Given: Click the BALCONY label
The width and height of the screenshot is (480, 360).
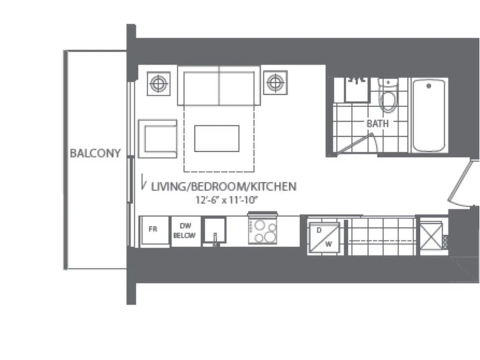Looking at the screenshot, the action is (x=95, y=153).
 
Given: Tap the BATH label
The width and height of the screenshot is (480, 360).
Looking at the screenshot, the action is (x=378, y=124).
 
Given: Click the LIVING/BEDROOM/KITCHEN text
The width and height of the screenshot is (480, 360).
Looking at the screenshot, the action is (x=224, y=187).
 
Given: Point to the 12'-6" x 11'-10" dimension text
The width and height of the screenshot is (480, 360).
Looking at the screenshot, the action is (x=227, y=200).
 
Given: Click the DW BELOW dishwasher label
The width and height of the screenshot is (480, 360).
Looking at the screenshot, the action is (x=184, y=230).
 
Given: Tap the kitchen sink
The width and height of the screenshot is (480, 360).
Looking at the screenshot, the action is (x=215, y=230).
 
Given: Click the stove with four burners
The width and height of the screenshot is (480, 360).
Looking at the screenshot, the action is (x=263, y=228).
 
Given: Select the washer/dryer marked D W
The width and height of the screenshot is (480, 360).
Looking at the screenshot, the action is (x=324, y=237).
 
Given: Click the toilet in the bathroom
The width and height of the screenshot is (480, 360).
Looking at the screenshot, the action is (x=388, y=95).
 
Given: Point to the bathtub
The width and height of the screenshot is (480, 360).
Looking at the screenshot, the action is (x=428, y=115).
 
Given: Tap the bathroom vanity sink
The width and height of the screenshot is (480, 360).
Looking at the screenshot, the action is (x=357, y=89).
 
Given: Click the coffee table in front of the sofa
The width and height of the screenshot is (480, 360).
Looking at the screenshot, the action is (x=217, y=139).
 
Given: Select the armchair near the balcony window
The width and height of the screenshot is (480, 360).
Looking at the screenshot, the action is (x=158, y=139).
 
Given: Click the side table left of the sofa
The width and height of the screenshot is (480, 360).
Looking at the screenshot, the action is (x=158, y=83).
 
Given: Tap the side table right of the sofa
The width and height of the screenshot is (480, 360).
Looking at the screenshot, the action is (x=275, y=83).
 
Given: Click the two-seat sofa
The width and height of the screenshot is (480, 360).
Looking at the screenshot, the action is (x=219, y=85).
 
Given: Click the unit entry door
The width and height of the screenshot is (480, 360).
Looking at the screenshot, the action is (x=460, y=182).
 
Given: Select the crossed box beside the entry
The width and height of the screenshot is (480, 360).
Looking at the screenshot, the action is (x=431, y=236).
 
